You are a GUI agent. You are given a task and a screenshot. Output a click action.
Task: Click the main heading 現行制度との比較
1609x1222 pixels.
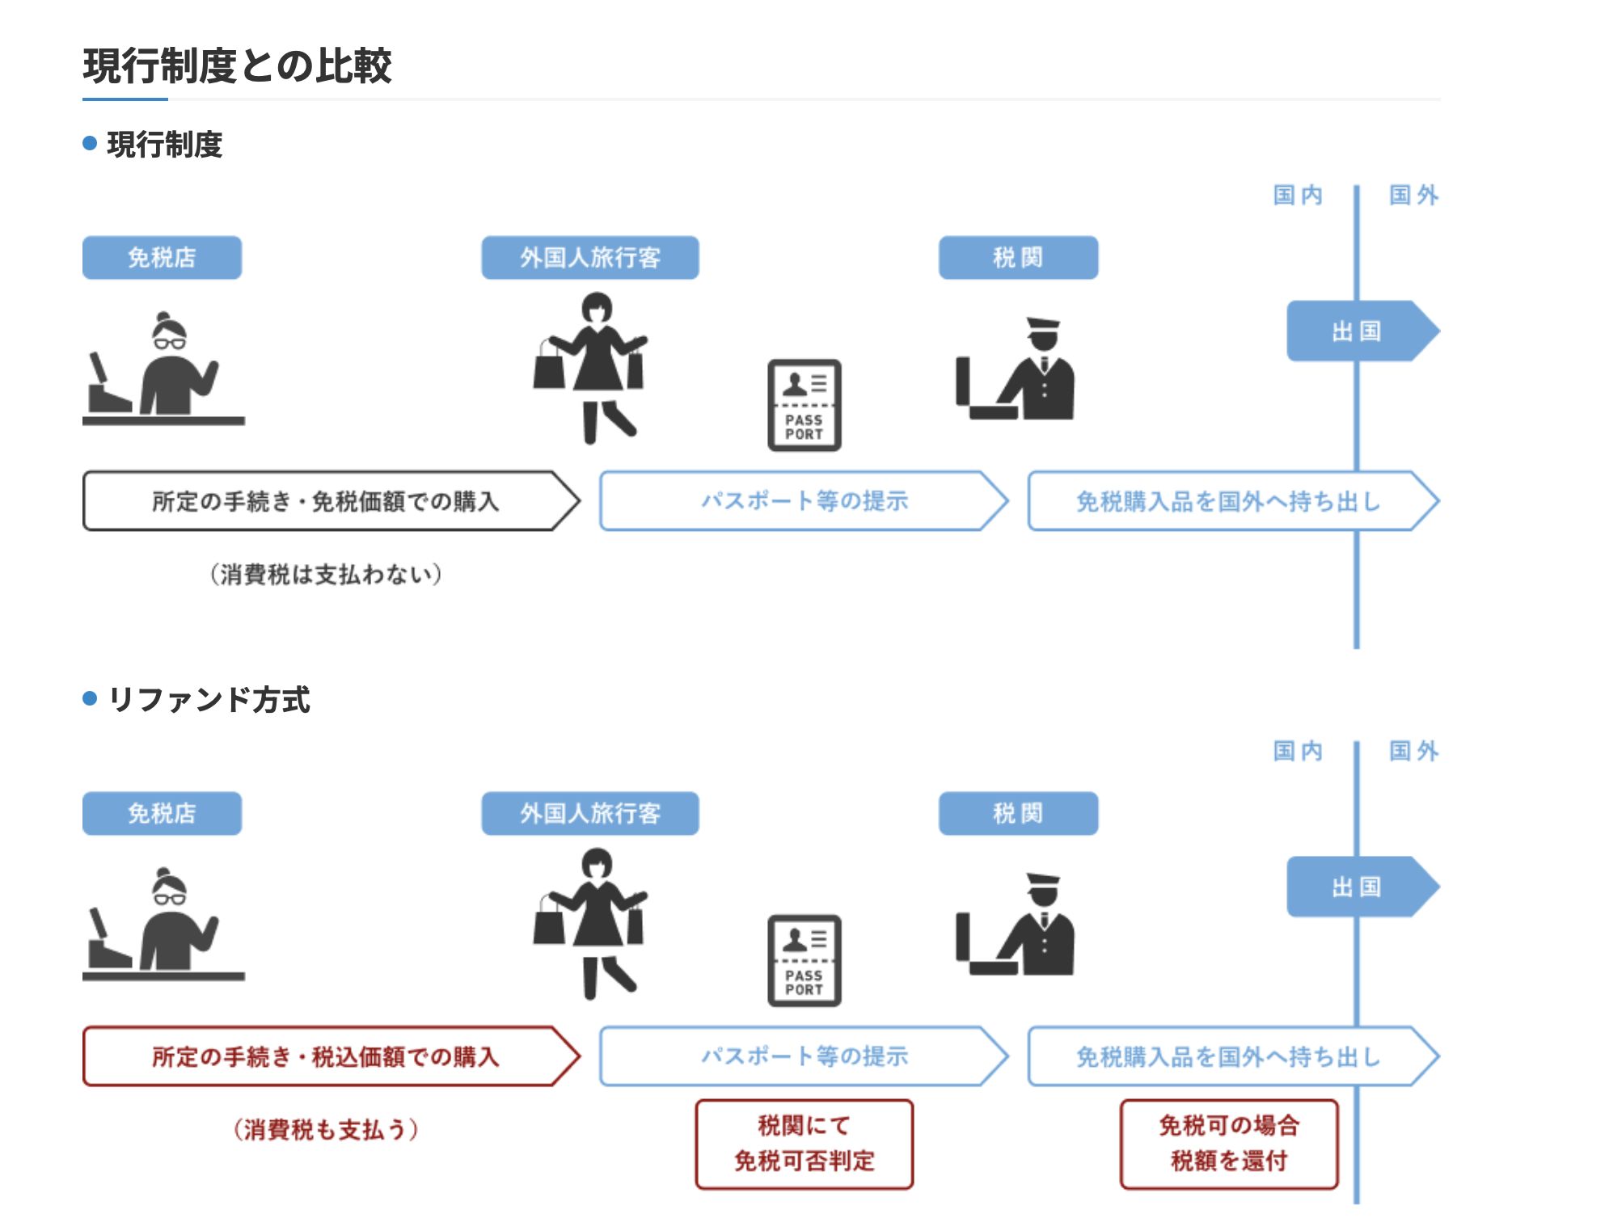(237, 66)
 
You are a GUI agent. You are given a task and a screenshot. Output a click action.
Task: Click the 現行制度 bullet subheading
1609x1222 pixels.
(164, 145)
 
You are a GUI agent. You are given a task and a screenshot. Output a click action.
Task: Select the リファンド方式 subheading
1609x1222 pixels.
(208, 700)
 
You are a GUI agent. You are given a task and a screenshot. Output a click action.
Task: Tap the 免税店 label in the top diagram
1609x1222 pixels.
(162, 258)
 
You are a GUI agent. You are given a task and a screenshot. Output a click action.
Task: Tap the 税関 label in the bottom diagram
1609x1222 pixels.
(1017, 813)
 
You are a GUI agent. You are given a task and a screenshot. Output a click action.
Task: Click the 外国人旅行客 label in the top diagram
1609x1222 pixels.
(589, 258)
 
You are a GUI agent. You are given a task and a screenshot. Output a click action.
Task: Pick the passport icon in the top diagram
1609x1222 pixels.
(804, 405)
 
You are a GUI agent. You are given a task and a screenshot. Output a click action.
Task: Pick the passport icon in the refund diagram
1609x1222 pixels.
(804, 960)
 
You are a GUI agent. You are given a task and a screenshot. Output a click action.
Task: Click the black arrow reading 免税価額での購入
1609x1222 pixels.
(327, 501)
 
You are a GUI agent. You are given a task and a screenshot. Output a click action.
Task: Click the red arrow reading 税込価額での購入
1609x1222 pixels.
(327, 1056)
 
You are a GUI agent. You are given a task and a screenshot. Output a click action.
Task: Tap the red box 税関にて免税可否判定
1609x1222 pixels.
(804, 1144)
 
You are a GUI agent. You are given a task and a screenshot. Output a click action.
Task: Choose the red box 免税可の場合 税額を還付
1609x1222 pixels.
(1228, 1144)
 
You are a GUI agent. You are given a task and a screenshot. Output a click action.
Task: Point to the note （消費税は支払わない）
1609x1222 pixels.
(326, 575)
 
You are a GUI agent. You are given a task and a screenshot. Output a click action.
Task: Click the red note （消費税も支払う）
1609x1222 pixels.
(326, 1129)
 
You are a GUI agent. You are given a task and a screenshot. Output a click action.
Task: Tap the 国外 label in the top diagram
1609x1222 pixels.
(1413, 196)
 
